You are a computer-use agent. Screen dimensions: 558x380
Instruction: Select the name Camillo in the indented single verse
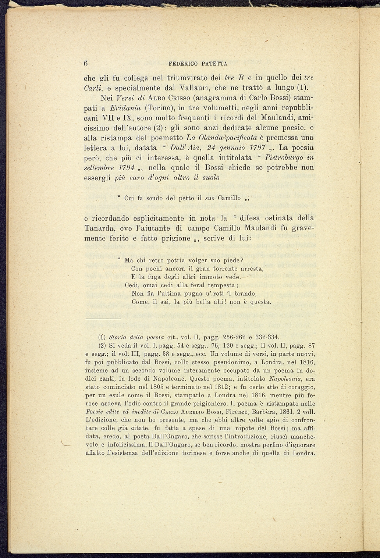click(230, 198)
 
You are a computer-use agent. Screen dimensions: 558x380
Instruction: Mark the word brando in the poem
click(245, 294)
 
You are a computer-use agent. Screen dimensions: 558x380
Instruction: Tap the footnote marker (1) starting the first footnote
click(102, 337)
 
